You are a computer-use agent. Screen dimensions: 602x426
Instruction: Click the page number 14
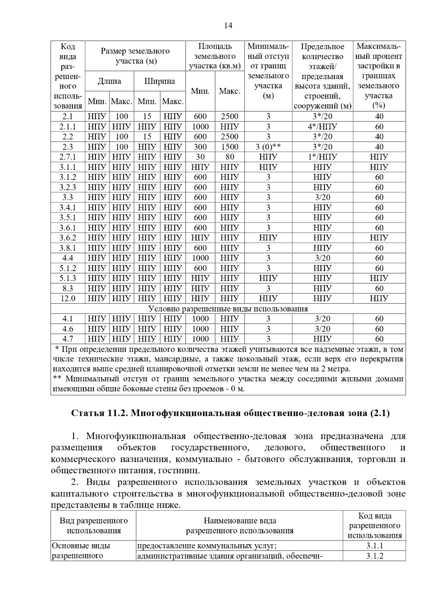[x=228, y=26]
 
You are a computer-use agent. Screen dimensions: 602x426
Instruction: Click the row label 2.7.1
[x=67, y=157]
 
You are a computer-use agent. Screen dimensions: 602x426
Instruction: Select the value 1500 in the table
[x=230, y=147]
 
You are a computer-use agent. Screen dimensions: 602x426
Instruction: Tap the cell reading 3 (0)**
[x=268, y=147]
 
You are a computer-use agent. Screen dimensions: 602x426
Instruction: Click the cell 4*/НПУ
[x=322, y=127]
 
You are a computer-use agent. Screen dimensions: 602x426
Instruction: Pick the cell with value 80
[x=230, y=157]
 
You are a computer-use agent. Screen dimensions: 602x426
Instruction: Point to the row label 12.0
[x=67, y=298]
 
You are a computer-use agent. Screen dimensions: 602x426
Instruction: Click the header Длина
[x=109, y=81]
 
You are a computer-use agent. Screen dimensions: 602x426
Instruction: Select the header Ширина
[x=159, y=81]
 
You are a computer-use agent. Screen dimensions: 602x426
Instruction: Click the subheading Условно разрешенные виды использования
[x=228, y=308]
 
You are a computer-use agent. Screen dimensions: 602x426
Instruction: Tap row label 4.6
[x=67, y=329]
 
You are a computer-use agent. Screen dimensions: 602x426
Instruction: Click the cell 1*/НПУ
[x=322, y=157]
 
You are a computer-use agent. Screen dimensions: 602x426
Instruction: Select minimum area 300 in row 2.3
[x=200, y=147]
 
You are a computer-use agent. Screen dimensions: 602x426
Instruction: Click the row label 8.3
[x=67, y=288]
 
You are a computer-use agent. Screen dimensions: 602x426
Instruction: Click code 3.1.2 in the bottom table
[x=375, y=556]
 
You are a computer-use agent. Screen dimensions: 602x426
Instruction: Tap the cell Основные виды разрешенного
[x=81, y=551]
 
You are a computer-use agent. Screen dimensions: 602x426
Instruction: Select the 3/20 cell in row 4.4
[x=322, y=258]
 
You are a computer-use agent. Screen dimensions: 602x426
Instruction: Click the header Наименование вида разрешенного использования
[x=240, y=525]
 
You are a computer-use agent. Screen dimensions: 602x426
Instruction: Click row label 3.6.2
[x=67, y=238]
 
